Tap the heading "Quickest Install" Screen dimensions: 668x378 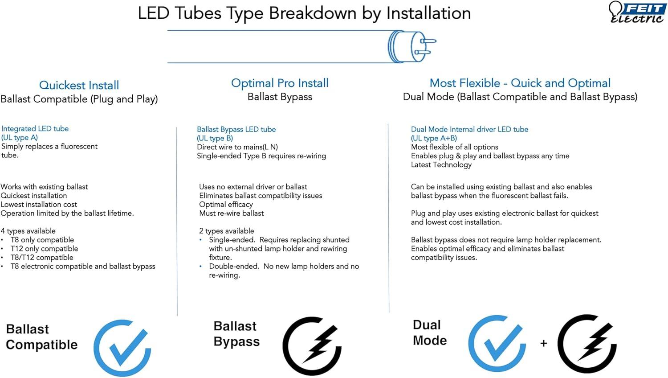coord(79,86)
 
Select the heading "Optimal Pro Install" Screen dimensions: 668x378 coord(280,83)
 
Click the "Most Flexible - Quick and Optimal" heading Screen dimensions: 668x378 coord(520,83)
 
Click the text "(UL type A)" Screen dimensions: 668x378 coord(20,138)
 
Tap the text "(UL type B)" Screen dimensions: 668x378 coord(215,138)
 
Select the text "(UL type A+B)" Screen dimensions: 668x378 coord(434,138)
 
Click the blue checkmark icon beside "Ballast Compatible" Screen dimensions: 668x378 coord(122,348)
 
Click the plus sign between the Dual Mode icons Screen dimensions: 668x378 coord(544,343)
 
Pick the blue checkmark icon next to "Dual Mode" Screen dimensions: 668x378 coord(497,344)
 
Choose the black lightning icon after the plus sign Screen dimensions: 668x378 coord(587,344)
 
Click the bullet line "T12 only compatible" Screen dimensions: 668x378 coord(44,249)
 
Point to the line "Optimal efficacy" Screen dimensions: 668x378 coord(226,205)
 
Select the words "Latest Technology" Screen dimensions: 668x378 coord(441,165)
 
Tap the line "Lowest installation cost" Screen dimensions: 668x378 coord(39,205)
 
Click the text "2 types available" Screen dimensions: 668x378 coord(227,231)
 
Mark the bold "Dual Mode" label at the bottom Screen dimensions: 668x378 coord(430,333)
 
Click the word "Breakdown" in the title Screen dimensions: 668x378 coord(313,13)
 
